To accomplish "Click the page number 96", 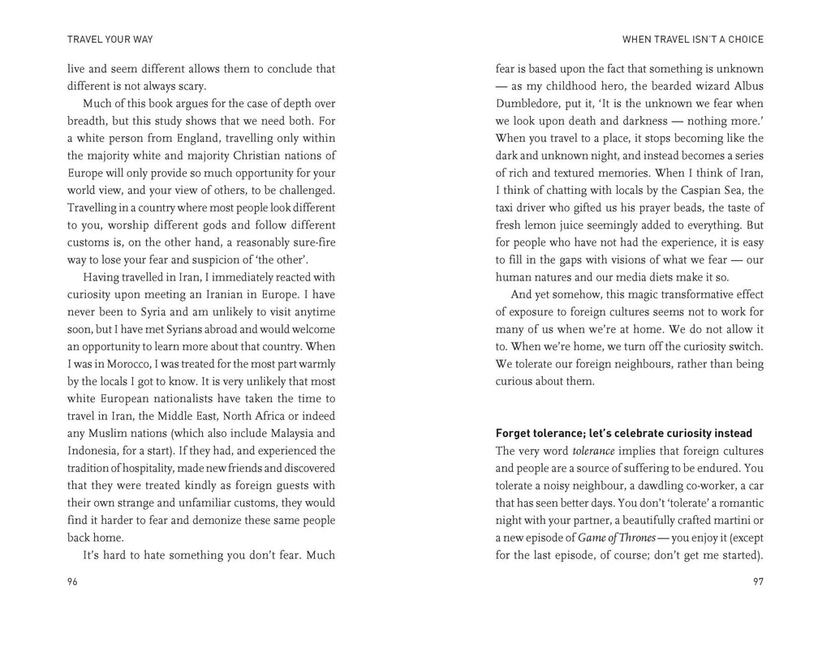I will (x=72, y=581).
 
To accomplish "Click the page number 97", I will (x=758, y=581).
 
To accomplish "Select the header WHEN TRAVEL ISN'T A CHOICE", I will (x=692, y=39).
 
